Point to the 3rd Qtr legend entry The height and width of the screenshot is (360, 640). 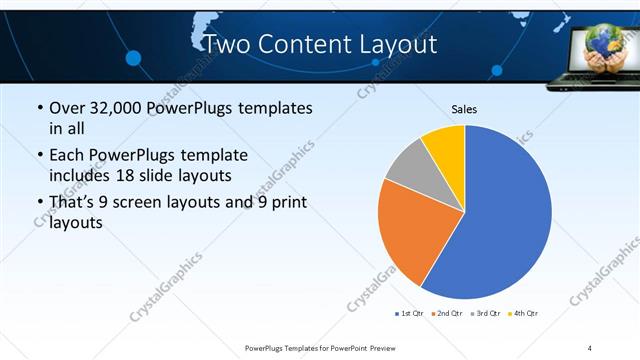pos(485,313)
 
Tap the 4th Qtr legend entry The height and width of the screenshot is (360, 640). pos(523,313)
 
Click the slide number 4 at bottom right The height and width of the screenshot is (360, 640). pos(590,347)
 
